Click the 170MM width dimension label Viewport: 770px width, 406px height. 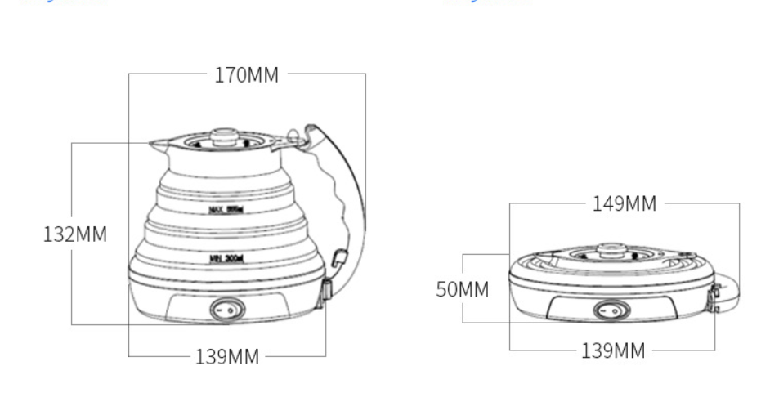[246, 75]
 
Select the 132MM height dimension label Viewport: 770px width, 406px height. [74, 234]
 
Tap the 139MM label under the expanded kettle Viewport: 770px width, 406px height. [226, 357]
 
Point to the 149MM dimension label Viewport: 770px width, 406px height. [624, 204]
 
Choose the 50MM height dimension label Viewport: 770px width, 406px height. [462, 290]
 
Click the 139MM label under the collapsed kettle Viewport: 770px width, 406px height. [612, 351]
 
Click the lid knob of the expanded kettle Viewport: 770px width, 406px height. [223, 136]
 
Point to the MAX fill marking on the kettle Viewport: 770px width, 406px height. [227, 209]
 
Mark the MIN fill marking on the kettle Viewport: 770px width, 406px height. [227, 257]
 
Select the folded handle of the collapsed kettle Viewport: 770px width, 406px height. [730, 292]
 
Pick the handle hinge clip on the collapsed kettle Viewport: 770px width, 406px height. [714, 298]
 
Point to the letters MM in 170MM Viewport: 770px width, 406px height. [263, 75]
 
